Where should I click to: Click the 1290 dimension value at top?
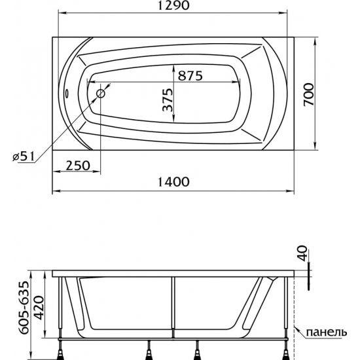[174, 5]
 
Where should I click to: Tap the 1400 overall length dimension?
[174, 182]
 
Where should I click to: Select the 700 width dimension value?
[309, 94]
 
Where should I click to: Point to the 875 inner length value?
[190, 75]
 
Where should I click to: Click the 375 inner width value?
[168, 99]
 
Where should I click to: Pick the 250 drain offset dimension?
[78, 166]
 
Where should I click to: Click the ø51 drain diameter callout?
[23, 156]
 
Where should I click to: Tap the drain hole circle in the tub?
[101, 94]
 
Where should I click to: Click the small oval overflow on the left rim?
[67, 94]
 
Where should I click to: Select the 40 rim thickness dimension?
[303, 253]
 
